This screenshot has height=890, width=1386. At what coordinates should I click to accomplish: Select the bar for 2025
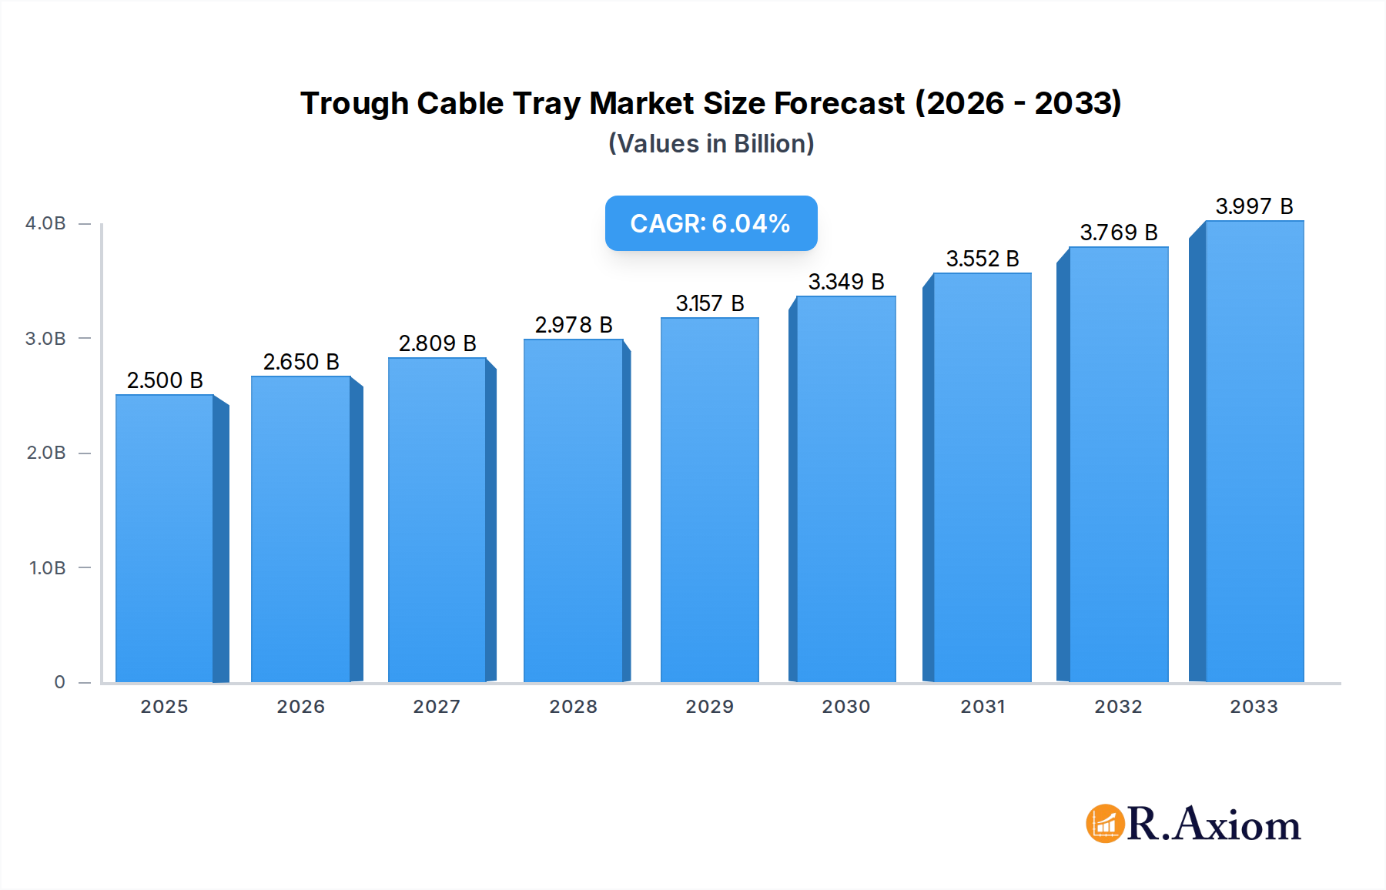(165, 539)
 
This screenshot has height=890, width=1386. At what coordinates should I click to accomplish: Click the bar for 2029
(709, 500)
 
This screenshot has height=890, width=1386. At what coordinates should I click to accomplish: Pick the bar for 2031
(982, 477)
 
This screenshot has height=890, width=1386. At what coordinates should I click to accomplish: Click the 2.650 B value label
(301, 362)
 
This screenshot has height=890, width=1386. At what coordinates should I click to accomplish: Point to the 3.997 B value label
(1254, 206)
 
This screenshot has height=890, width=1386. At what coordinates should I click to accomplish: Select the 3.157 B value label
(709, 303)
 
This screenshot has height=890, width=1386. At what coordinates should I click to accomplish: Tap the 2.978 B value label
(574, 325)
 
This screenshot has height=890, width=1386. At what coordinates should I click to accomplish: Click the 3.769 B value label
(1118, 233)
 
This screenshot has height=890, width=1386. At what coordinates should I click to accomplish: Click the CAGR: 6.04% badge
(710, 223)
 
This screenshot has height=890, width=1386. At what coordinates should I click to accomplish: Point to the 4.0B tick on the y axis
(45, 223)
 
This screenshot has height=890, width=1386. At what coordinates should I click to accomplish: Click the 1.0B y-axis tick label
(47, 568)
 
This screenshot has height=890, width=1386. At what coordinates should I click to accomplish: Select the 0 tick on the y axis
(59, 682)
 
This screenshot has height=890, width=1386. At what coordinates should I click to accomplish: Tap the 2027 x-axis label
(437, 707)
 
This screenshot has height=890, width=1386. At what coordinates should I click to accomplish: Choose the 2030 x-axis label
(845, 707)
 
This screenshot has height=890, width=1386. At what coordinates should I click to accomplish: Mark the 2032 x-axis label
(1118, 707)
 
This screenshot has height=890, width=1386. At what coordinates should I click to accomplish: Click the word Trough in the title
(353, 104)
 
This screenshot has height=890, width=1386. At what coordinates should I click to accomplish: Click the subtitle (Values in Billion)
(711, 144)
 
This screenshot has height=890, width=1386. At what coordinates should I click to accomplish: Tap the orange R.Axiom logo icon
(1105, 824)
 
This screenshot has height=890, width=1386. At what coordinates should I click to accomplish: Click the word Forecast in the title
(839, 104)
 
